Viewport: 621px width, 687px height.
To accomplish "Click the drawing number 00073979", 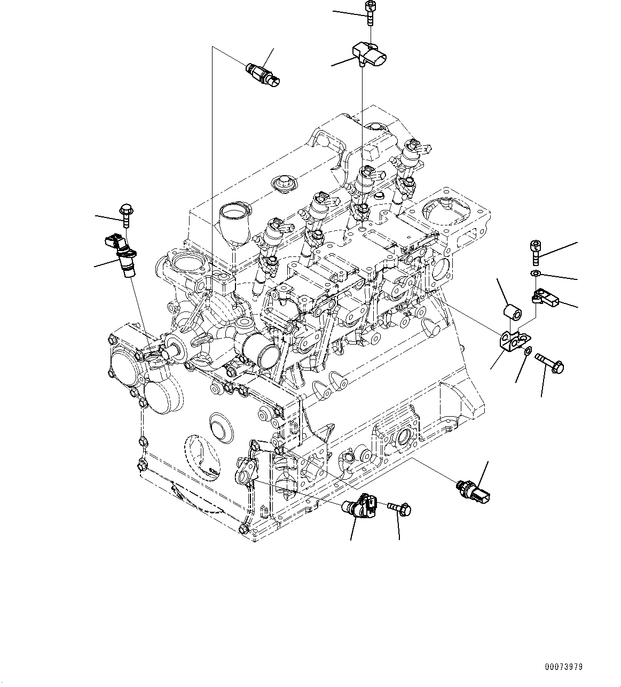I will (x=564, y=667).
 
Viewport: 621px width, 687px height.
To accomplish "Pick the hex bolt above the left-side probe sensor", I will (x=126, y=215).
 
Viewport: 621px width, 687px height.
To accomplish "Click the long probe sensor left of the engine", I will (x=122, y=253).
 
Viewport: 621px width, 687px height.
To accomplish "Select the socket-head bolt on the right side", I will (x=536, y=252).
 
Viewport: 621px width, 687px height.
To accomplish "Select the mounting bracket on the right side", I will (x=513, y=340).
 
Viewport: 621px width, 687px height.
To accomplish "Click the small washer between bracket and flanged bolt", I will (x=528, y=352).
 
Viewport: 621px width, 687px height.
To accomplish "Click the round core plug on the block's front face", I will (x=219, y=426).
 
